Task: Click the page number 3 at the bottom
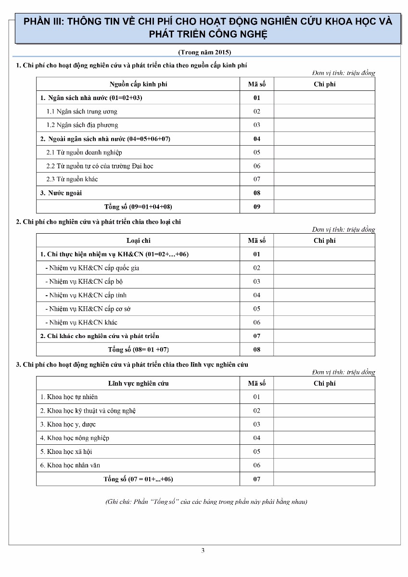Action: tap(203, 551)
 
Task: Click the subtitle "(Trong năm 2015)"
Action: tap(204, 52)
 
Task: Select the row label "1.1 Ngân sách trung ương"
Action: tap(82, 112)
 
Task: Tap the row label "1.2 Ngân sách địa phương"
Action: tap(82, 125)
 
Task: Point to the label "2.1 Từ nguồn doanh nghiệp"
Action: tap(84, 152)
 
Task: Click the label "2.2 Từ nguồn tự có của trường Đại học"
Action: tap(100, 166)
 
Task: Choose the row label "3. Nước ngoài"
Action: tap(61, 193)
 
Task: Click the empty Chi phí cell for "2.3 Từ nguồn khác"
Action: tap(324, 179)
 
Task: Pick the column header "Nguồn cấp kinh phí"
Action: tap(138, 84)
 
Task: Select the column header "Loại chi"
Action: tap(138, 240)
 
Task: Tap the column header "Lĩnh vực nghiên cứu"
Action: tap(138, 383)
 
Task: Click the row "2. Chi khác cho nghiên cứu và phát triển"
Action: tap(100, 336)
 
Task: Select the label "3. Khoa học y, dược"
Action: tap(68, 424)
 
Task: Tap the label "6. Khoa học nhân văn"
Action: tap(70, 465)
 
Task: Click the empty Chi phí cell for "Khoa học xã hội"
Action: tap(324, 452)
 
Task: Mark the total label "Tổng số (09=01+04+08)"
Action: tap(138, 207)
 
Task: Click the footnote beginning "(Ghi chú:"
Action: tap(206, 502)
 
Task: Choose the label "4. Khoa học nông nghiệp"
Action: tap(75, 438)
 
